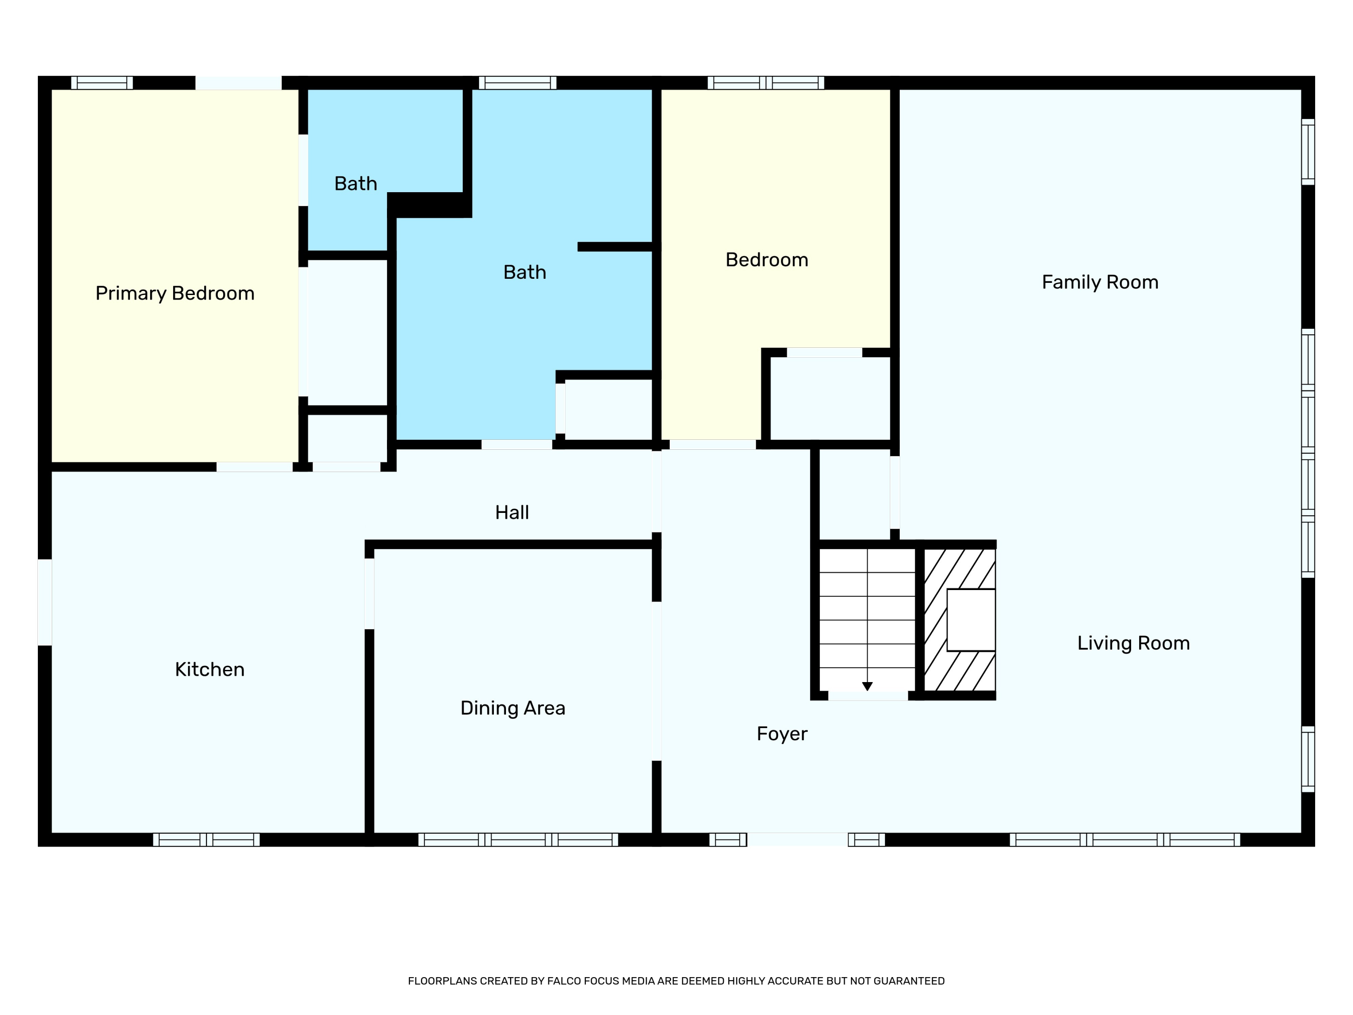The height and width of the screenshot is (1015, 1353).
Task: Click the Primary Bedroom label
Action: coord(175,294)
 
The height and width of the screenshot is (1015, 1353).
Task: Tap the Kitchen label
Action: coord(210,669)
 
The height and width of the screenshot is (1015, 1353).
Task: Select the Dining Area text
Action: coord(513,708)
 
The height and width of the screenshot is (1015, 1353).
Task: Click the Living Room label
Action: coord(1133,643)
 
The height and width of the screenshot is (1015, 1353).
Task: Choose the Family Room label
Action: coord(1100,282)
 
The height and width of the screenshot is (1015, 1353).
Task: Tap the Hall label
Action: coord(512,512)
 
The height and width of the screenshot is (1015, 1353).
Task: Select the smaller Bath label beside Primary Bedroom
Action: coord(355,184)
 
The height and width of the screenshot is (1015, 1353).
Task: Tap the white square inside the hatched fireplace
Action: coord(971,620)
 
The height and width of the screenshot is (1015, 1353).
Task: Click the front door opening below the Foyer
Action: coord(798,840)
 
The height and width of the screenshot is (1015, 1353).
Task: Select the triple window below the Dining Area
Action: coord(518,840)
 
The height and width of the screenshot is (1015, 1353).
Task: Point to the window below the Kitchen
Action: coord(206,840)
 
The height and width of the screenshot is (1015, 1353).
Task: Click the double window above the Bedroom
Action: coord(766,83)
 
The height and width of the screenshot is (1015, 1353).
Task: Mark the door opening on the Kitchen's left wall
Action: coord(45,602)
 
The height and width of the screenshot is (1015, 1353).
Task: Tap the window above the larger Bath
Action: coord(517,83)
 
